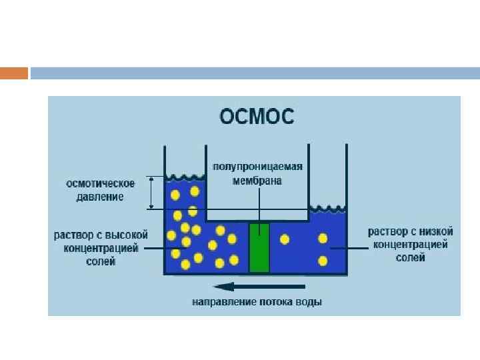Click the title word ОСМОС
tap(257, 117)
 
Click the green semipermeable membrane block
tap(259, 247)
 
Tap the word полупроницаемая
tap(257, 167)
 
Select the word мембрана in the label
tap(257, 179)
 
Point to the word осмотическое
tap(100, 183)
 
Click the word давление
tap(100, 197)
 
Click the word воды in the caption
tap(311, 303)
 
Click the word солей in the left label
tap(101, 261)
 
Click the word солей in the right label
tap(410, 257)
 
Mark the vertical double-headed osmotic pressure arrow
tap(152, 193)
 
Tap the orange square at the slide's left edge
tap(14, 73)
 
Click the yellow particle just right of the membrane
tap(285, 239)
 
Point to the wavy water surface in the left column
tap(185, 178)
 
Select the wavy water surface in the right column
tap(327, 208)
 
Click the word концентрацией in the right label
tap(410, 245)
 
